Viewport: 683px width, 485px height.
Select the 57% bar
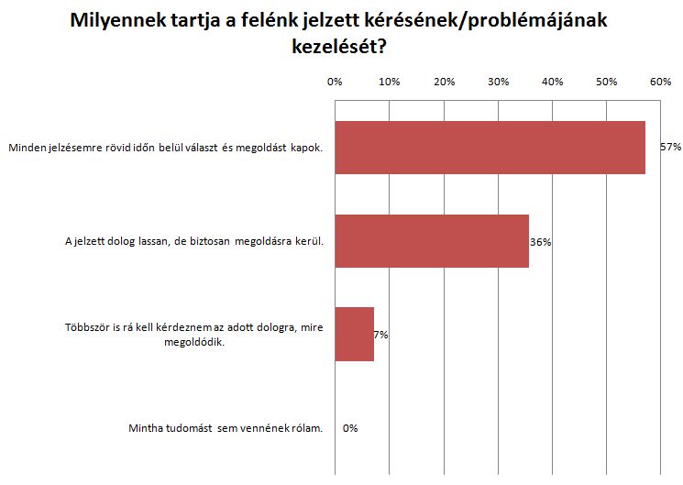[x=490, y=147]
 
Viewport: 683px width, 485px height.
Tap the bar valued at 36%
[x=432, y=241]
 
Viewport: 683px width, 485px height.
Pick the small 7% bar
[x=354, y=334]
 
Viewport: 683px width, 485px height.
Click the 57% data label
[x=670, y=147]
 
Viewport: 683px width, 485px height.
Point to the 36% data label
[x=540, y=242]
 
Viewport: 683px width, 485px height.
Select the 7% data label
[x=380, y=335]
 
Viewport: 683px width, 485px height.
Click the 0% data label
[x=349, y=428]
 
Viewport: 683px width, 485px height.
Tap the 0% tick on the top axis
[x=335, y=82]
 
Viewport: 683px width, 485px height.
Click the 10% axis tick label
[x=390, y=82]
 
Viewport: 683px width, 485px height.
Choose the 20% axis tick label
[x=444, y=82]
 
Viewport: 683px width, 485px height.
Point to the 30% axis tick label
[x=498, y=82]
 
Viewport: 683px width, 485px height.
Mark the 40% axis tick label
[x=553, y=82]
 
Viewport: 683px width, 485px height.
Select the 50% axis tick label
[x=607, y=82]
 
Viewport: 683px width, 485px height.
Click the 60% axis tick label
[x=661, y=82]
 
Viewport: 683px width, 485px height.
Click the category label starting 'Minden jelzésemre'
[x=165, y=147]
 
